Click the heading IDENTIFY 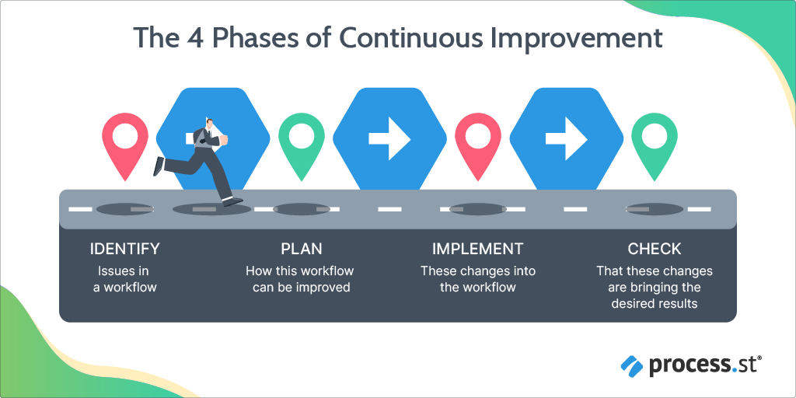(124, 250)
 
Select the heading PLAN (301, 250)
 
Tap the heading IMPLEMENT (477, 250)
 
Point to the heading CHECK (654, 250)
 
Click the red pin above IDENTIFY (125, 140)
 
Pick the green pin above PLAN (301, 140)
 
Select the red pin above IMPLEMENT (477, 140)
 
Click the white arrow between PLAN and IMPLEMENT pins (389, 138)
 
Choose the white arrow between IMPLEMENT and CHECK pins (566, 138)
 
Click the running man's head (208, 124)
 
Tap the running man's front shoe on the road (232, 201)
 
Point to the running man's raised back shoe (159, 165)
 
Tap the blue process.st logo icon (632, 364)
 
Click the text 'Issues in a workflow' (124, 279)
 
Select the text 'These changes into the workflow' (477, 279)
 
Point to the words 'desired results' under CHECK (654, 303)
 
